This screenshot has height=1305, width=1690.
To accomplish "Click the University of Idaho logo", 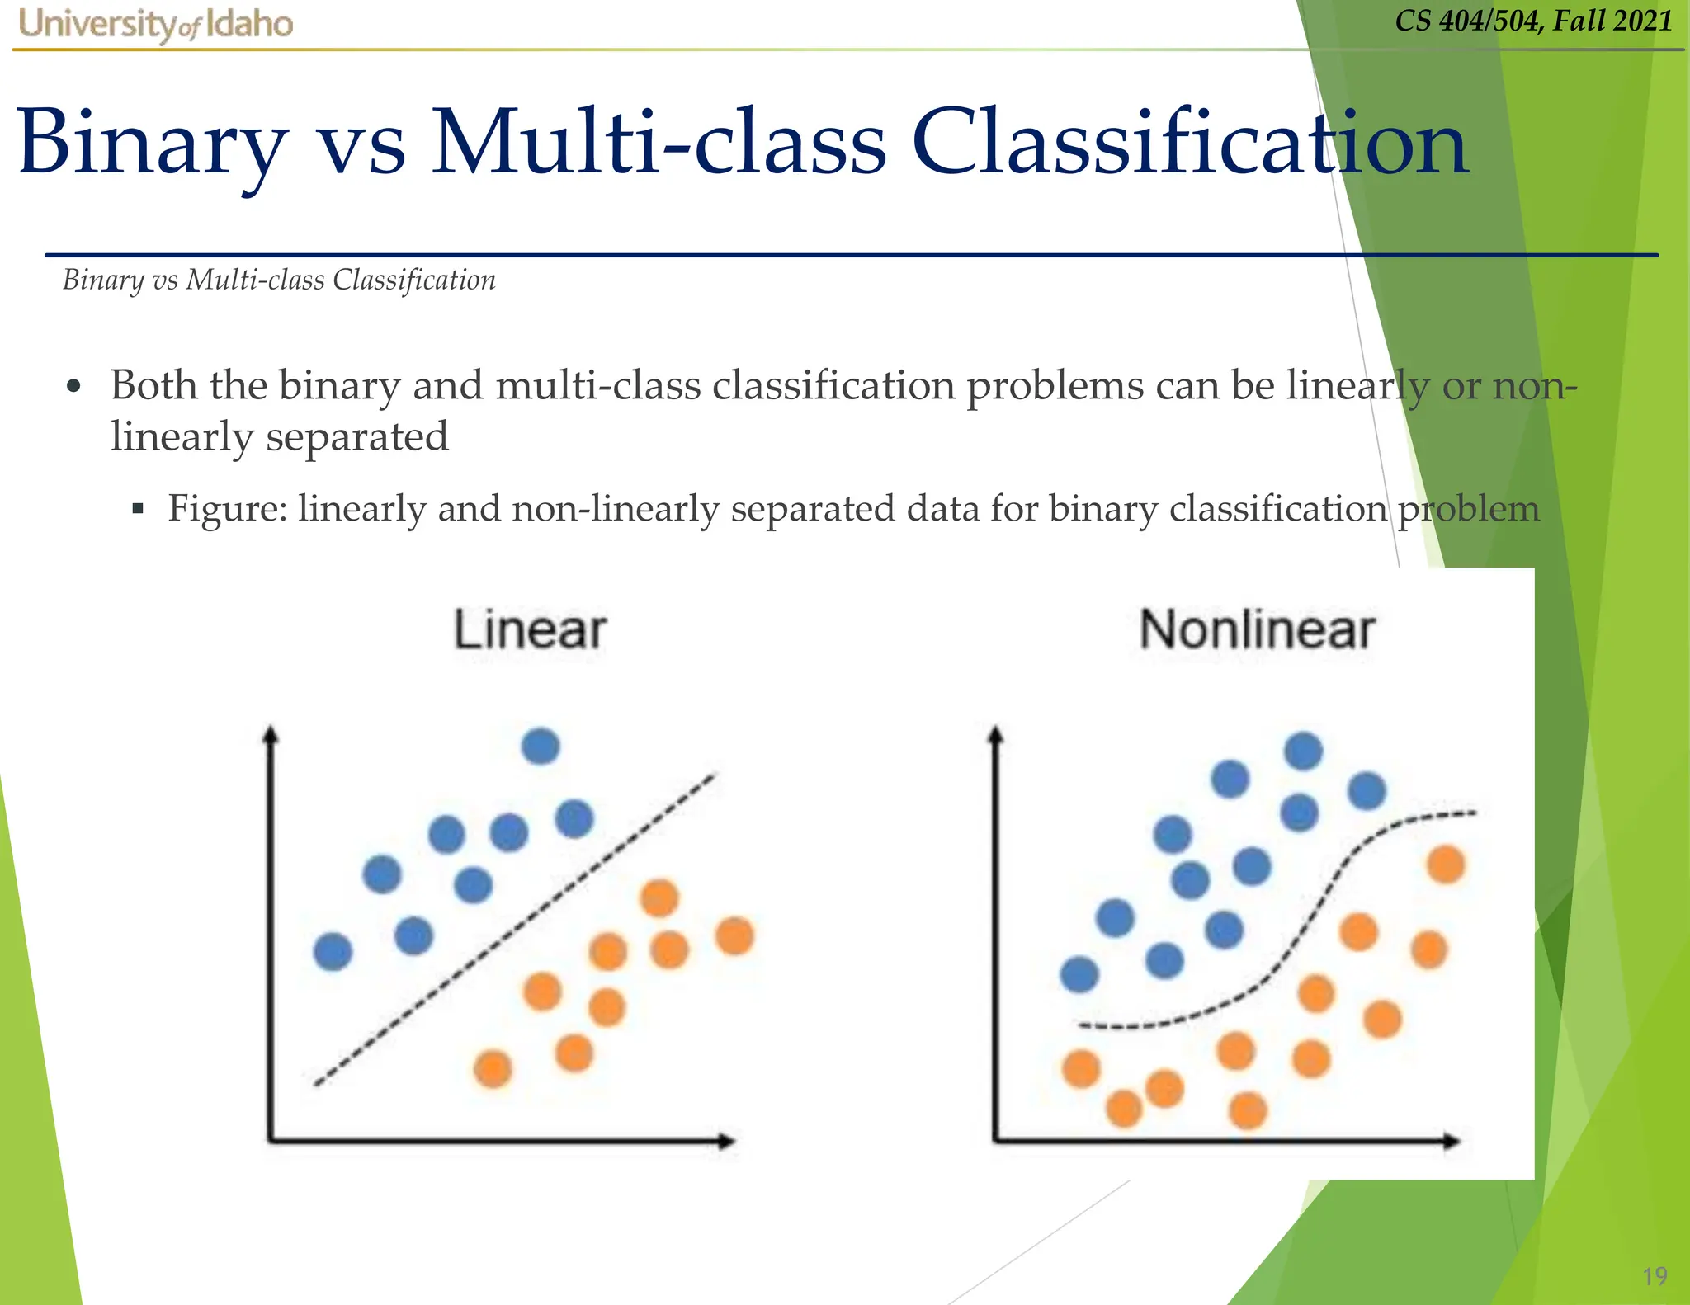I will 155,25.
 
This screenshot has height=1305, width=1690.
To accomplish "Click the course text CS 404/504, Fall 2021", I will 1533,21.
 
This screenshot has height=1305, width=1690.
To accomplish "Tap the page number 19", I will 1655,1276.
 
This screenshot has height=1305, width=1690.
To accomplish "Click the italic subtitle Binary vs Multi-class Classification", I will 279,280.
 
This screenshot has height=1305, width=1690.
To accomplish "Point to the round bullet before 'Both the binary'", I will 74,387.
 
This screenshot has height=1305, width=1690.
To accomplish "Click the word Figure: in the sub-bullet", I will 227,508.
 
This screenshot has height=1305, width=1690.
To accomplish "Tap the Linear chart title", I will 531,630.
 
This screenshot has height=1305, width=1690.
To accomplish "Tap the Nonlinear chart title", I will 1256,630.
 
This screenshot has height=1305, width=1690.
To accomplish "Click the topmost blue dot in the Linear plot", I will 541,747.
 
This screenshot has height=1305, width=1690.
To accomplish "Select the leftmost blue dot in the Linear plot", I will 333,952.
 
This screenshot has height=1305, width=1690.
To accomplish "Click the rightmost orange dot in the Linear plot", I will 734,936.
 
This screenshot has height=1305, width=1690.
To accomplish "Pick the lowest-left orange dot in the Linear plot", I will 493,1070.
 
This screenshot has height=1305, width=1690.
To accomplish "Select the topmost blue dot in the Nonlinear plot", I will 1303,751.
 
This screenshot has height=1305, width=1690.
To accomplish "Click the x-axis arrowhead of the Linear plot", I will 726,1142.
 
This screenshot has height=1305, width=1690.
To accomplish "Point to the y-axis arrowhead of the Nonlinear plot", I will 996,734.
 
